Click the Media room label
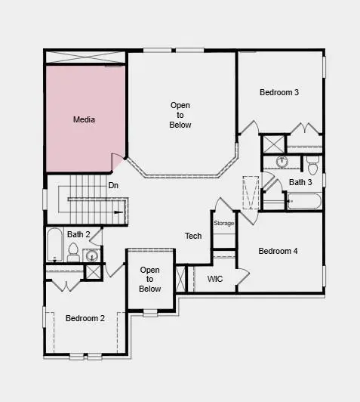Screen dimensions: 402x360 tap(84, 119)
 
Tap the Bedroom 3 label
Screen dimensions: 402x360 tap(279, 92)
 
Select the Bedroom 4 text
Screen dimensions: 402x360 tap(278, 251)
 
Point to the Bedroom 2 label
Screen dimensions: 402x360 tap(85, 318)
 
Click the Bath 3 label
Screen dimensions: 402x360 tap(300, 182)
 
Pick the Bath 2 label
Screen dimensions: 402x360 tap(78, 234)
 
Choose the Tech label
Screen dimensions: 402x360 tap(193, 237)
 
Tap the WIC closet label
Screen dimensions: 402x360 tap(215, 279)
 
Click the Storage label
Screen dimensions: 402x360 tap(223, 223)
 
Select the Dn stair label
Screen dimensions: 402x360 tap(113, 185)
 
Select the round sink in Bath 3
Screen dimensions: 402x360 tap(282, 162)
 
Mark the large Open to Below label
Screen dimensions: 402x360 tap(180, 115)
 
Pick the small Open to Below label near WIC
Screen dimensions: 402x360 tap(150, 280)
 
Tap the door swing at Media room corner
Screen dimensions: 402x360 tap(118, 162)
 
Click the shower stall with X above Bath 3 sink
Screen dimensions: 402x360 tap(272, 144)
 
